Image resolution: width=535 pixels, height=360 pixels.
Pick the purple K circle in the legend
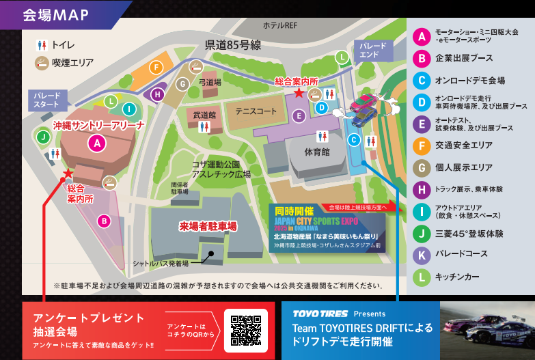pyautogui.click(x=422, y=255)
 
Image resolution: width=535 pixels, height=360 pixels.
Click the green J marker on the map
pyautogui.click(x=43, y=137)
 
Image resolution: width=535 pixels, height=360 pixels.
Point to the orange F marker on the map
pyautogui.click(x=157, y=67)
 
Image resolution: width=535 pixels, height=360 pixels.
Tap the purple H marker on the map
pyautogui.click(x=159, y=94)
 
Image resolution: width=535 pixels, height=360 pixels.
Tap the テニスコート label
pyautogui.click(x=256, y=111)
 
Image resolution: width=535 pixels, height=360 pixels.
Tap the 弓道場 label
pyautogui.click(x=210, y=82)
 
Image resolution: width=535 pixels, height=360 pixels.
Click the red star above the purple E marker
pyautogui.click(x=298, y=92)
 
